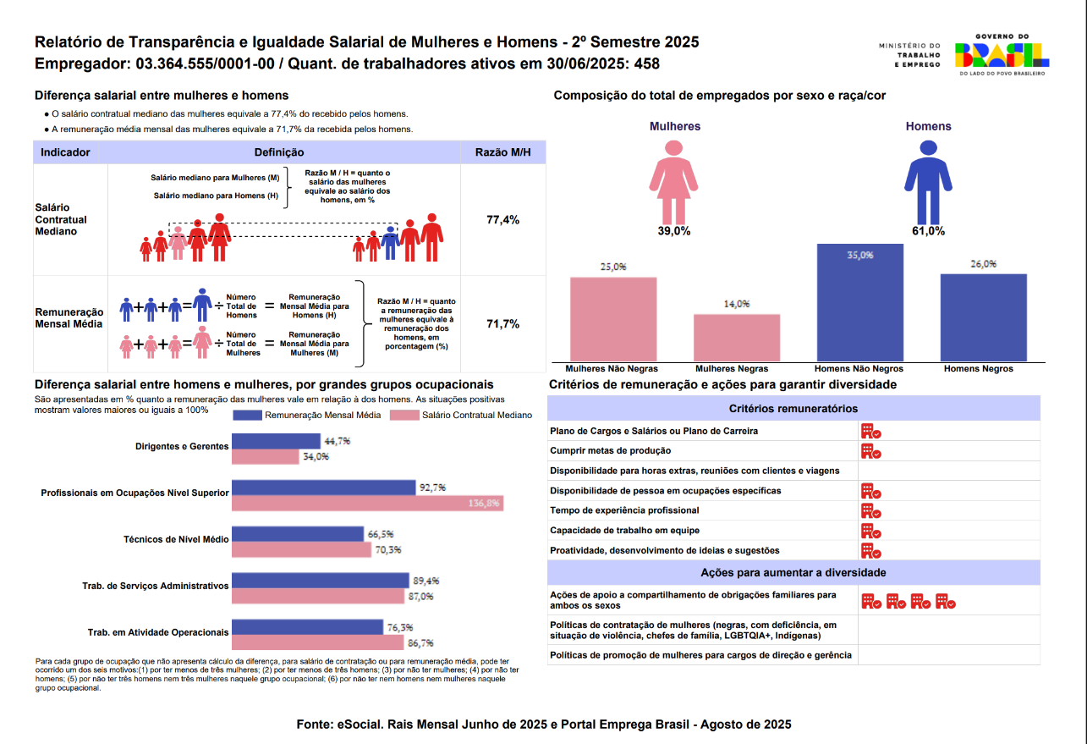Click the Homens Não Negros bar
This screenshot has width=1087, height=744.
(859, 303)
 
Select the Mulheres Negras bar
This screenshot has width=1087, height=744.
(737, 339)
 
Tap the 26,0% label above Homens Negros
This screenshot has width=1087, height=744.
(983, 264)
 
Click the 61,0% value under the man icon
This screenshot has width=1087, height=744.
(928, 231)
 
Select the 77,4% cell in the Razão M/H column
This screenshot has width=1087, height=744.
(502, 220)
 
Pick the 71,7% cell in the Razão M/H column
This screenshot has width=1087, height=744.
(502, 324)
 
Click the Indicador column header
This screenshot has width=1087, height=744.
(65, 152)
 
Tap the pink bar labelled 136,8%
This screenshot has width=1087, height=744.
(367, 504)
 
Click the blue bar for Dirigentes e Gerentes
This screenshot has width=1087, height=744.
(276, 441)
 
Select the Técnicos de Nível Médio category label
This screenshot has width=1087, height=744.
(176, 539)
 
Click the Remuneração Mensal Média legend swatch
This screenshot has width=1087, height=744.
(247, 415)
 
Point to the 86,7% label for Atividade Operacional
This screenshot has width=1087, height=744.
(420, 642)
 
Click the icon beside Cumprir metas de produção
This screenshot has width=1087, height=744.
(870, 451)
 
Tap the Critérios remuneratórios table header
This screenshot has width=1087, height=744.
(793, 409)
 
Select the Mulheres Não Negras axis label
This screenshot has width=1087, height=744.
(612, 369)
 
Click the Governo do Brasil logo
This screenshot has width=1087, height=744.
(1002, 54)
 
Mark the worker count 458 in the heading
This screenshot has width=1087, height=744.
(646, 64)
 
